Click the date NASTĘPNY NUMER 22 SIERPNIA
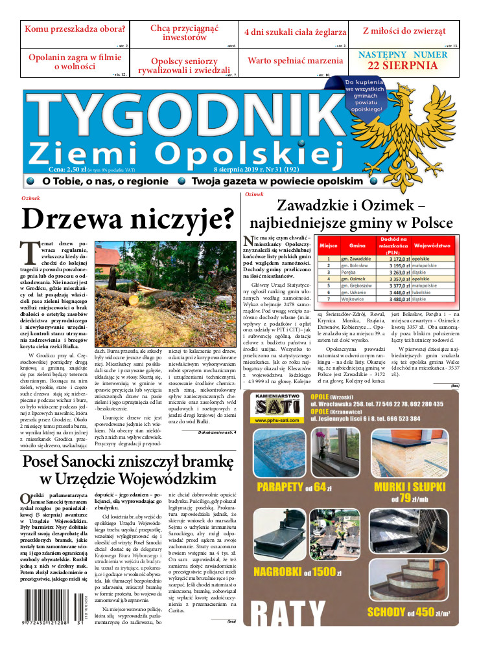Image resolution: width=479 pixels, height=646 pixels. [403, 60]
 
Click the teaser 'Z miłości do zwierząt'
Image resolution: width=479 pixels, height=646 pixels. [404, 30]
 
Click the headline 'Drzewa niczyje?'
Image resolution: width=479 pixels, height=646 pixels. [128, 219]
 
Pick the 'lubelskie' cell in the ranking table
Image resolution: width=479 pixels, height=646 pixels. [425, 292]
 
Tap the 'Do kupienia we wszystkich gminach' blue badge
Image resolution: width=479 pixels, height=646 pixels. [366, 96]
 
